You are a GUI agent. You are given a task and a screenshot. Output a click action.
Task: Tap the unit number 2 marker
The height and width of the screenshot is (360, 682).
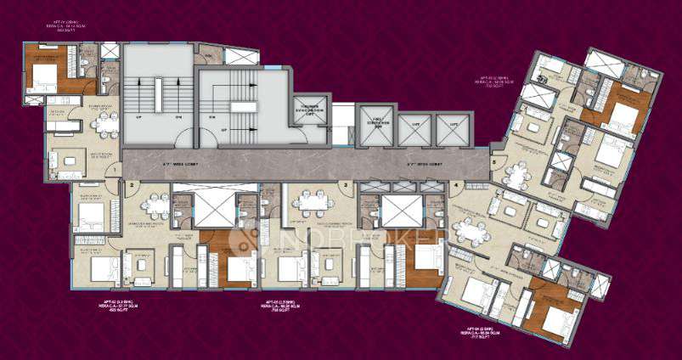[x=131, y=184]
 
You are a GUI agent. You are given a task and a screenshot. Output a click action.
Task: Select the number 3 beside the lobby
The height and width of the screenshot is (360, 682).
[x=345, y=184]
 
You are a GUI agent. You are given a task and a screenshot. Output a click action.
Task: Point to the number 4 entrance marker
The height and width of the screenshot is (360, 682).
[x=457, y=184]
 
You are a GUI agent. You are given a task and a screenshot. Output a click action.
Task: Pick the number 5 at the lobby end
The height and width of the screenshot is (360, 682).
[x=493, y=160]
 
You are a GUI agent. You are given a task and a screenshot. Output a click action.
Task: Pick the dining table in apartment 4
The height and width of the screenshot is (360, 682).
[x=466, y=229]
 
